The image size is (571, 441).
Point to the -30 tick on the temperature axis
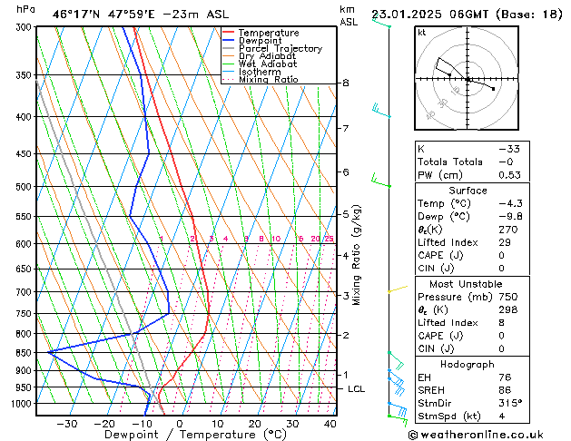[x=66, y=423]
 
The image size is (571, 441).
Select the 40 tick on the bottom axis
[x=330, y=423]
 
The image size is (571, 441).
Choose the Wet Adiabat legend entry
[x=268, y=64]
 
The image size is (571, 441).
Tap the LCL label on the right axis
[x=357, y=389]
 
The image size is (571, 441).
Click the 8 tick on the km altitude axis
[x=345, y=83]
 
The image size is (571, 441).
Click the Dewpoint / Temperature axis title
[x=182, y=435]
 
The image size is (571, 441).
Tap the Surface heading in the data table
[x=468, y=191]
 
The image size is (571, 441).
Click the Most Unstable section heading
[x=468, y=284]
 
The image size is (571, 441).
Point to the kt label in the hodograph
[x=422, y=33]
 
